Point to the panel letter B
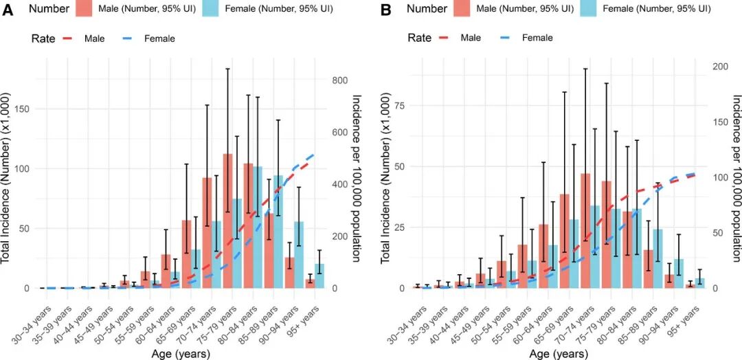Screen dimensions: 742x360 [385, 10]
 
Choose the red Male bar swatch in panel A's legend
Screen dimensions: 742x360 [85, 10]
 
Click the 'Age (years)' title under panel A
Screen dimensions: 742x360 [180, 354]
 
